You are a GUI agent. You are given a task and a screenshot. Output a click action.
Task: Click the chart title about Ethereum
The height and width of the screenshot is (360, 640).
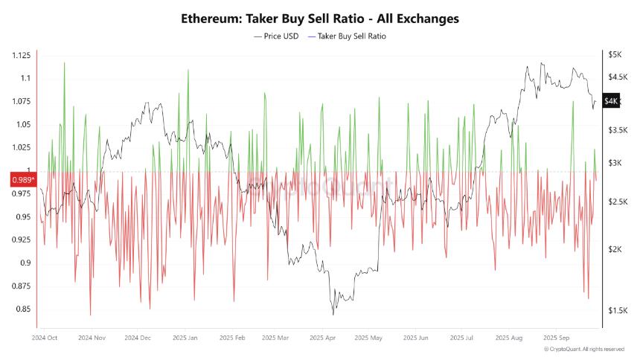[319, 19]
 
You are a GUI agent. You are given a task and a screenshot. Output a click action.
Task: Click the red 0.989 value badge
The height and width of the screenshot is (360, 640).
[22, 180]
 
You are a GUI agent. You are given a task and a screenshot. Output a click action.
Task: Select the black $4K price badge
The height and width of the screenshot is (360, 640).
[610, 101]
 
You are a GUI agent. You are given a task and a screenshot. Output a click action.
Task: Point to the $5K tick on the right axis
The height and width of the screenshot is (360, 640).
[614, 55]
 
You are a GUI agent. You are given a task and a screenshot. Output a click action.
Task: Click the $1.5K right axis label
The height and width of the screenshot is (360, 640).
[616, 310]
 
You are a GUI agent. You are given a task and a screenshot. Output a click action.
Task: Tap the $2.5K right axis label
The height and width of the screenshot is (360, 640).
[616, 202]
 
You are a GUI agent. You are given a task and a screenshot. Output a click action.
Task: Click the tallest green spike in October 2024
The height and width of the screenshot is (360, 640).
[64, 63]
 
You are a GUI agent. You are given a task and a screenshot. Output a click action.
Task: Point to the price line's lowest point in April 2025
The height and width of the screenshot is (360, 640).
[332, 315]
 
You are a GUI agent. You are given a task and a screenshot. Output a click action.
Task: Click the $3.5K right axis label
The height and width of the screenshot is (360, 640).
[616, 130]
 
